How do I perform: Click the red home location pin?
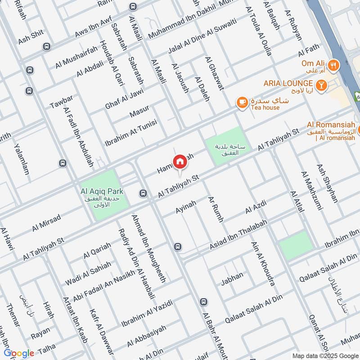click(180, 162)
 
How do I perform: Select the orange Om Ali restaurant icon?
click(333, 64)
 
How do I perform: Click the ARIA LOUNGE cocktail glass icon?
click(321, 84)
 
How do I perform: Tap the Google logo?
click(19, 353)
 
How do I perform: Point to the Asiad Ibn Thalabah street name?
click(238, 235)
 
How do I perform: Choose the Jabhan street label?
click(232, 279)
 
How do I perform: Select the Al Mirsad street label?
click(46, 223)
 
